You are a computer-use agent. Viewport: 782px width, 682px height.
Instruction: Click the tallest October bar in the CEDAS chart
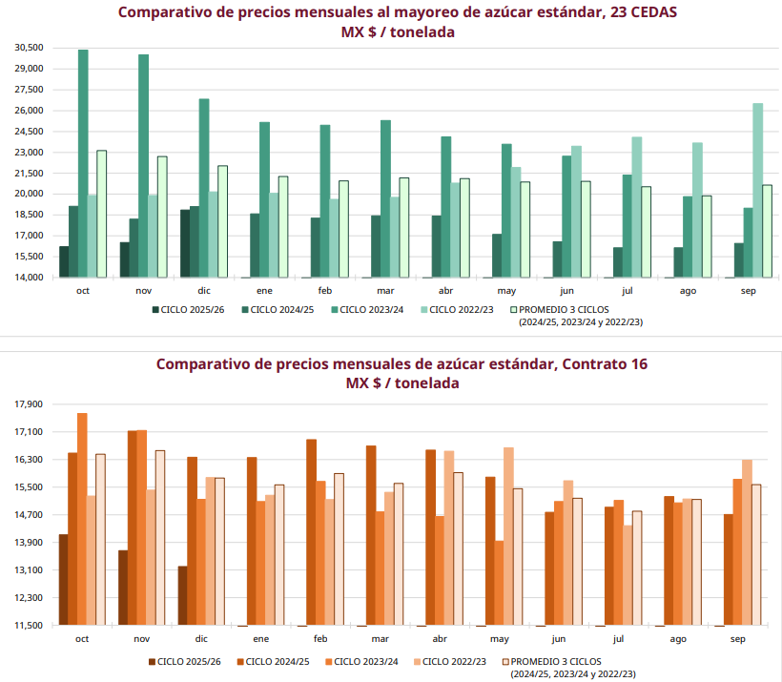pos(83,162)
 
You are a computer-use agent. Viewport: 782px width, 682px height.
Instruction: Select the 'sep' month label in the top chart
pos(749,290)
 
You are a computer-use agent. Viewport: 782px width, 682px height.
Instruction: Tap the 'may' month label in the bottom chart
pos(499,638)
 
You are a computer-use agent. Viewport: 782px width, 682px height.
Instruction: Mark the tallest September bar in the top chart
pos(757,191)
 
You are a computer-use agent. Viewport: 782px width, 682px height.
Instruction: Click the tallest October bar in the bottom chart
pos(82,519)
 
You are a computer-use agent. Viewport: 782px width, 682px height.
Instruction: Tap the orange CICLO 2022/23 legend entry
pos(454,661)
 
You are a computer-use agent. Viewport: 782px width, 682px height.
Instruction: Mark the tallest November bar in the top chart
pos(143,166)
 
